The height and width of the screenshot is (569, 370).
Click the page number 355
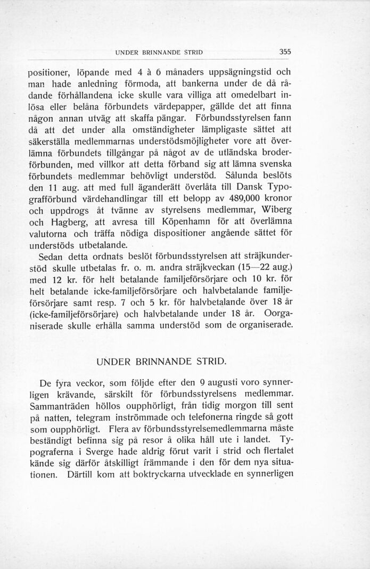(x=285, y=52)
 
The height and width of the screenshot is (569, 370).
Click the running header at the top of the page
(x=160, y=53)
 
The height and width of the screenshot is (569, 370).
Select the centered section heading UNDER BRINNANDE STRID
(x=161, y=362)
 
